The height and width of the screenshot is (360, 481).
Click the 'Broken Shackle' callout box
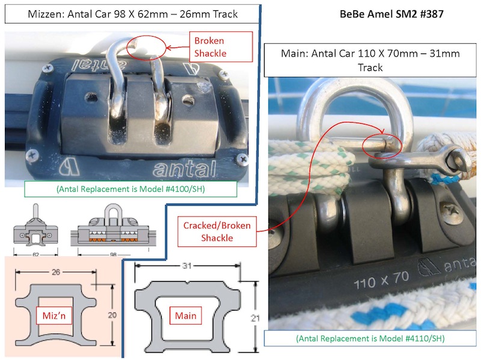[209, 47]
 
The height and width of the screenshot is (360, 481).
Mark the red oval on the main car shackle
[382, 145]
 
